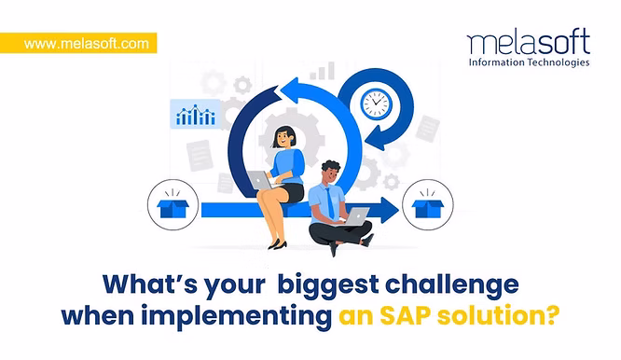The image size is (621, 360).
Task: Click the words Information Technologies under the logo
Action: tap(529, 63)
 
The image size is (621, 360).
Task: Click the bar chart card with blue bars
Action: tap(195, 115)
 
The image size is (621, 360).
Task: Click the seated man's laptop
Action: tap(357, 216)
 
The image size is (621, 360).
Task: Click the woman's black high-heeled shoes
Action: tap(277, 244)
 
